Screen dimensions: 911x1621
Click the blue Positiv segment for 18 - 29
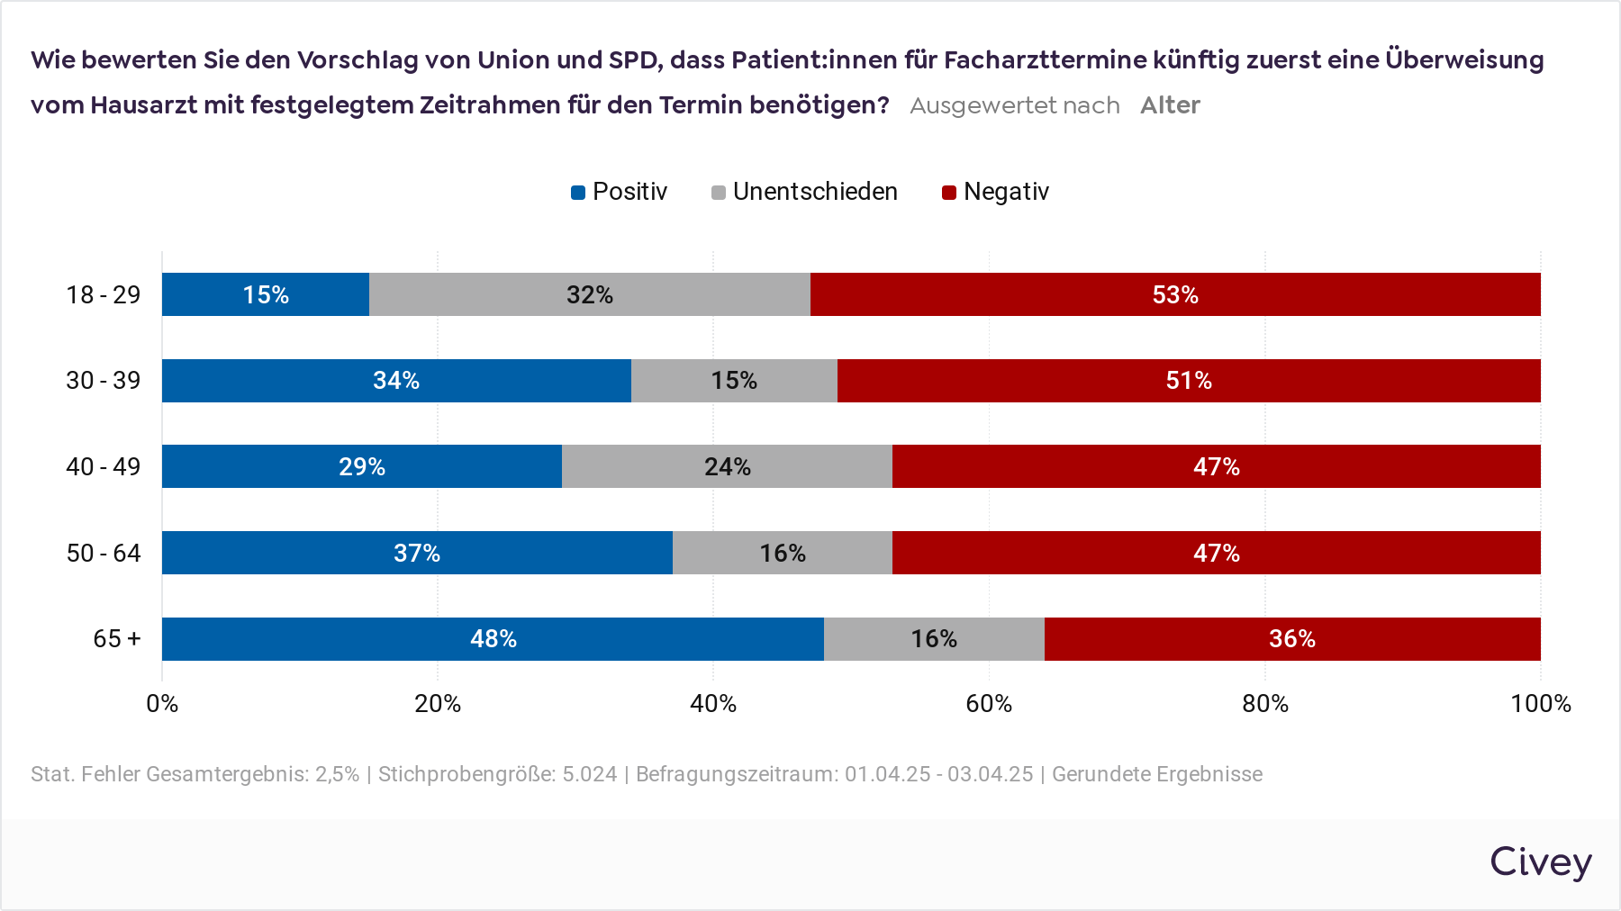266,294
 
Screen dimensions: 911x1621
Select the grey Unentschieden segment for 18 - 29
590,294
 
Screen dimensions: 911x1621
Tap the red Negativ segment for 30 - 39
1189,381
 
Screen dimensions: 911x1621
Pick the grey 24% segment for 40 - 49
727,466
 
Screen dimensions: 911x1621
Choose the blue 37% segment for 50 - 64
417,553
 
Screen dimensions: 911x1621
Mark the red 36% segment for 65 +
1292,639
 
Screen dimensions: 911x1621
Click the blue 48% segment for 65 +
493,639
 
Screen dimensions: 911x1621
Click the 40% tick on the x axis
713,704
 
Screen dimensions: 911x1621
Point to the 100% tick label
1540,704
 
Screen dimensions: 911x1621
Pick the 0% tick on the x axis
162,704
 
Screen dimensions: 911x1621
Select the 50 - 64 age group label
104,553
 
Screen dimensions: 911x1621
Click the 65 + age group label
117,639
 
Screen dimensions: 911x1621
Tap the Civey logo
1540,861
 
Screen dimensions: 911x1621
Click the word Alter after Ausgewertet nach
1170,105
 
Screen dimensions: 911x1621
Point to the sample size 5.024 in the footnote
590,774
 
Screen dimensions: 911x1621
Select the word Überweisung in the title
1464,60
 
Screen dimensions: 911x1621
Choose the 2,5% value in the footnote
337,774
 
